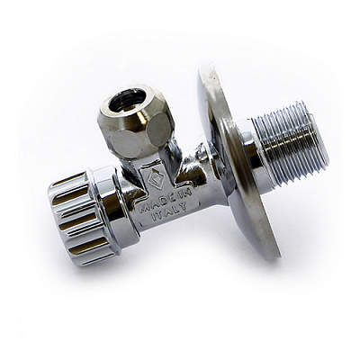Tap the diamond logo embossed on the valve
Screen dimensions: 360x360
tap(156, 179)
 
